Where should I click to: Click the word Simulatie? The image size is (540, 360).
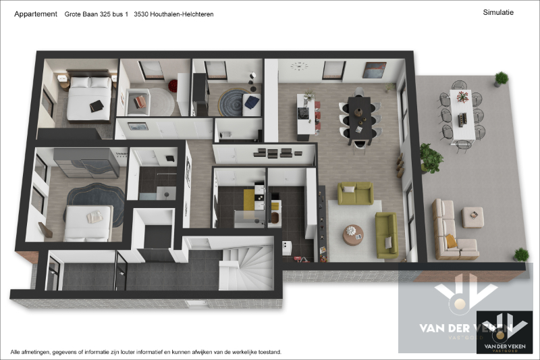(x=499, y=12)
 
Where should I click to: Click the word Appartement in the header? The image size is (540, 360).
(x=36, y=14)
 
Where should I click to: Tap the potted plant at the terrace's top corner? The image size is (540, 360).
(x=501, y=78)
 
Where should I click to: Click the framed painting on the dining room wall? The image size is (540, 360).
(x=374, y=70)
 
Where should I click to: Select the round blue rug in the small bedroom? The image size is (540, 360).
(x=234, y=102)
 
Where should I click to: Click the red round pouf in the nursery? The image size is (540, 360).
(x=173, y=86)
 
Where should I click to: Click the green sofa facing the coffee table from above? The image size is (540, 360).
(x=355, y=194)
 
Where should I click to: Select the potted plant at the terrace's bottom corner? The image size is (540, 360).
(x=520, y=255)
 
